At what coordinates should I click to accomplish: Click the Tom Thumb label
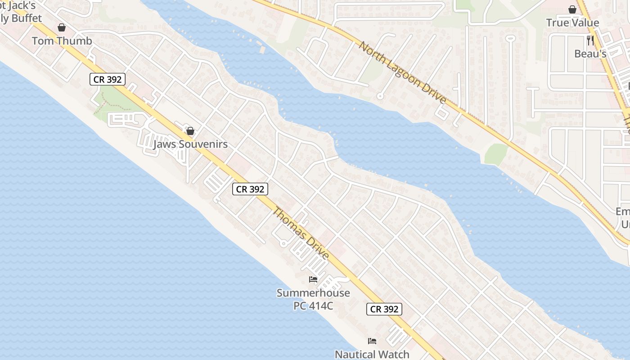pyautogui.click(x=62, y=41)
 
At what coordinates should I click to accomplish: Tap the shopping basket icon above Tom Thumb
pyautogui.click(x=61, y=28)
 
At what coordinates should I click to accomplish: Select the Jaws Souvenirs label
pyautogui.click(x=190, y=144)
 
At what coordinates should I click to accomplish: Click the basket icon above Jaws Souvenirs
pyautogui.click(x=190, y=131)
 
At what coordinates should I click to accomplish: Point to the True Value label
pyautogui.click(x=572, y=23)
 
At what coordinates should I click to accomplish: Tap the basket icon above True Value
pyautogui.click(x=572, y=9)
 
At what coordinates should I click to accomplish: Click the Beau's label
pyautogui.click(x=590, y=54)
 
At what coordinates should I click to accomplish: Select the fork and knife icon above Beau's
pyautogui.click(x=590, y=40)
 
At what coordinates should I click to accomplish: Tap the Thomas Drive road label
pyautogui.click(x=301, y=233)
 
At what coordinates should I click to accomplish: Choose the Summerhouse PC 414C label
pyautogui.click(x=313, y=299)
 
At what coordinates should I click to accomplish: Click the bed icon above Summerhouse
pyautogui.click(x=313, y=279)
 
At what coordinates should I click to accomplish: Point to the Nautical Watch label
pyautogui.click(x=372, y=354)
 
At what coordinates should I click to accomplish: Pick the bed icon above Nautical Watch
pyautogui.click(x=372, y=341)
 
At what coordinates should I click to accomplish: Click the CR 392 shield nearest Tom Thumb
pyautogui.click(x=108, y=80)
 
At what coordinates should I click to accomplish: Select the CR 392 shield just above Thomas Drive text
pyautogui.click(x=250, y=189)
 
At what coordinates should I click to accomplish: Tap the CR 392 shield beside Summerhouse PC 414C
pyautogui.click(x=384, y=309)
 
